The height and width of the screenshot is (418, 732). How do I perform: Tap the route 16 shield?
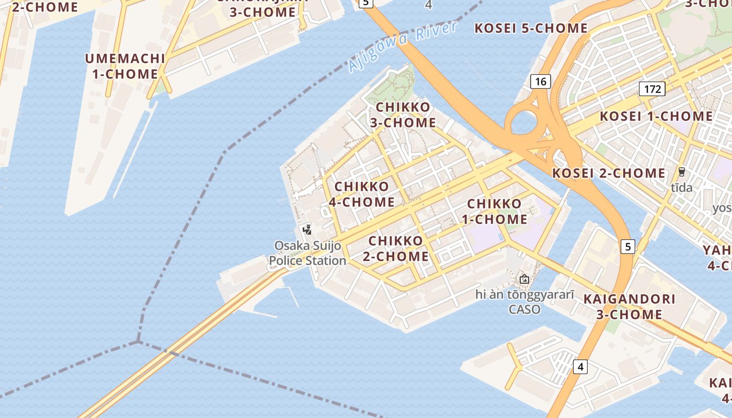point(541,81)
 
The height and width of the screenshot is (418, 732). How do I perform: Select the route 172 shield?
point(652,89)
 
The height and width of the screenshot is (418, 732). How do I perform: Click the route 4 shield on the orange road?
point(580,367)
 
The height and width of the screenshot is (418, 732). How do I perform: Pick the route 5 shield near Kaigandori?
point(628,246)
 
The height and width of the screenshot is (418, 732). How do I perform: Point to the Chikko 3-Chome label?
point(403,115)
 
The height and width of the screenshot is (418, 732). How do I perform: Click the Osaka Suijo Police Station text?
point(307,253)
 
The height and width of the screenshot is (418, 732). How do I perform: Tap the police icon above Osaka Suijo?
point(307,229)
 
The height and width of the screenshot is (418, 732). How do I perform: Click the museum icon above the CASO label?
point(524,279)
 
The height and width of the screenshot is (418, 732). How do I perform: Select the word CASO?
point(524,309)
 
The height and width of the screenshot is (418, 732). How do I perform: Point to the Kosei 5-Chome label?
point(531,28)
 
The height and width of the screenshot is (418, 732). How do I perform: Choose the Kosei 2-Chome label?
point(609,173)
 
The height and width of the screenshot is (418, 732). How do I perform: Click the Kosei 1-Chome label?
point(656,116)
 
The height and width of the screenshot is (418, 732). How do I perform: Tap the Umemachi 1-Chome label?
point(125,66)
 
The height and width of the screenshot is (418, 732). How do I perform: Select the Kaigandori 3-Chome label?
point(630,307)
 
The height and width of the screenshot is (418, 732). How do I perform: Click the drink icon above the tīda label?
point(681,171)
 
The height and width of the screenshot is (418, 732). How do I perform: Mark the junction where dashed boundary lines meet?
point(139,342)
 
